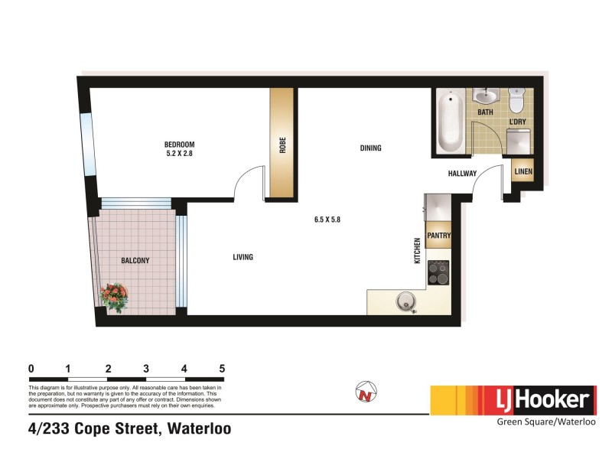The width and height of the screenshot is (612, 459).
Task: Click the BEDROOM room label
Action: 180,145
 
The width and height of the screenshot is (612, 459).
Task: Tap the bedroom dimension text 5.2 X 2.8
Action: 180,154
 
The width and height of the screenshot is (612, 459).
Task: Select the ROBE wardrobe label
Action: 282,145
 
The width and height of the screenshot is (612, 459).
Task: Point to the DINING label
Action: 370,148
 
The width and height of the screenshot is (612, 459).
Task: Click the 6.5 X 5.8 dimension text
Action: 327,220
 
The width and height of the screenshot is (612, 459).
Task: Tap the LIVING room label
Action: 243,257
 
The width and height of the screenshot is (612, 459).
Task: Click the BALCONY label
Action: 135,261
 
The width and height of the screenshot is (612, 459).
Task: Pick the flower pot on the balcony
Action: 116,297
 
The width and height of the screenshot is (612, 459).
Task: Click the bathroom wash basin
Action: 485,96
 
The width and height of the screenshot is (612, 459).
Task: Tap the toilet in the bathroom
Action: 517,99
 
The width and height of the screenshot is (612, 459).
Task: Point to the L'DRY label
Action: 518,121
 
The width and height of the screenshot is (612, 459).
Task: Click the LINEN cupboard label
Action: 523,172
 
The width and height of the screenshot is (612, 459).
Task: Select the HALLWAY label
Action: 463,174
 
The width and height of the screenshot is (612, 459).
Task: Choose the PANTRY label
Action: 438,236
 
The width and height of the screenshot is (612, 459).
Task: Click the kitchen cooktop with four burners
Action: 439,272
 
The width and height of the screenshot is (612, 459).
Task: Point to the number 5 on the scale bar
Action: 222,368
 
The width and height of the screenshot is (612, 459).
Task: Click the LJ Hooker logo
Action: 513,399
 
